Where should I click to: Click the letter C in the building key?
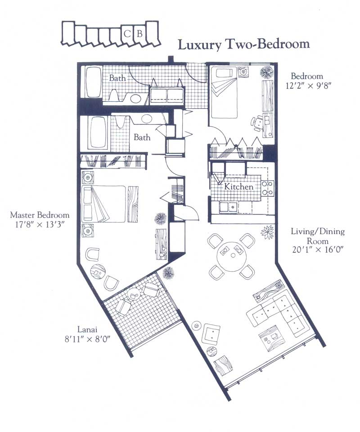[x=127, y=34]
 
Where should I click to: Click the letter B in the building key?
[x=139, y=34]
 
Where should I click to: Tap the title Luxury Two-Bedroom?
[x=244, y=45]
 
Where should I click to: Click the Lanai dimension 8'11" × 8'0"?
[x=87, y=339]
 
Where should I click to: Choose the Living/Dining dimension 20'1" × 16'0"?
[x=318, y=250]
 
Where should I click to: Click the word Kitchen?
[x=238, y=186]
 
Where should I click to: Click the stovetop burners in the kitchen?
[x=267, y=188]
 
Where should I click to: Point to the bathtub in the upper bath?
[x=93, y=82]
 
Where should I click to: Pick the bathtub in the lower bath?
[x=99, y=133]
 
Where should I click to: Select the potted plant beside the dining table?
[x=267, y=232]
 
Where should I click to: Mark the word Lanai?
[x=87, y=329]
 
